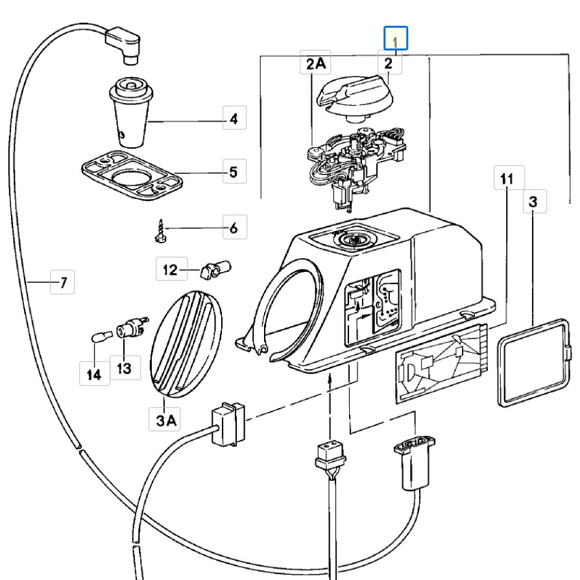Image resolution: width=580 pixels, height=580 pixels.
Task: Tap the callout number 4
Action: [234, 119]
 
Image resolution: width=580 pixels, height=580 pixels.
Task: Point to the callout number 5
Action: [234, 173]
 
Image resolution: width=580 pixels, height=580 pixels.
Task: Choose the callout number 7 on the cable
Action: [62, 283]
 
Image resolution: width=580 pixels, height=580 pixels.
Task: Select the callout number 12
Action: [170, 270]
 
